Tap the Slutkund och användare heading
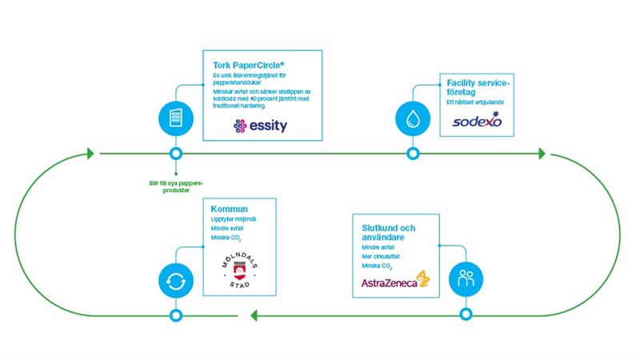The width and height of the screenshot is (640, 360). tap(382, 231)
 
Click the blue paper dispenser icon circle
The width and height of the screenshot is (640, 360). tap(176, 117)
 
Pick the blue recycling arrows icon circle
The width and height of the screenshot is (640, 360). tap(175, 281)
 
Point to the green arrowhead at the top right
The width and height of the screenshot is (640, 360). tap(542, 153)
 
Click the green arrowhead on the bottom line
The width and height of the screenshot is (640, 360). tap(255, 314)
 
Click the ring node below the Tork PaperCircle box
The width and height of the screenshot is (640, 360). tap(176, 153)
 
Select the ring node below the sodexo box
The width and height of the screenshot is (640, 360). tap(413, 153)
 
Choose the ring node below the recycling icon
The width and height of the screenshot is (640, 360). tap(175, 314)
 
